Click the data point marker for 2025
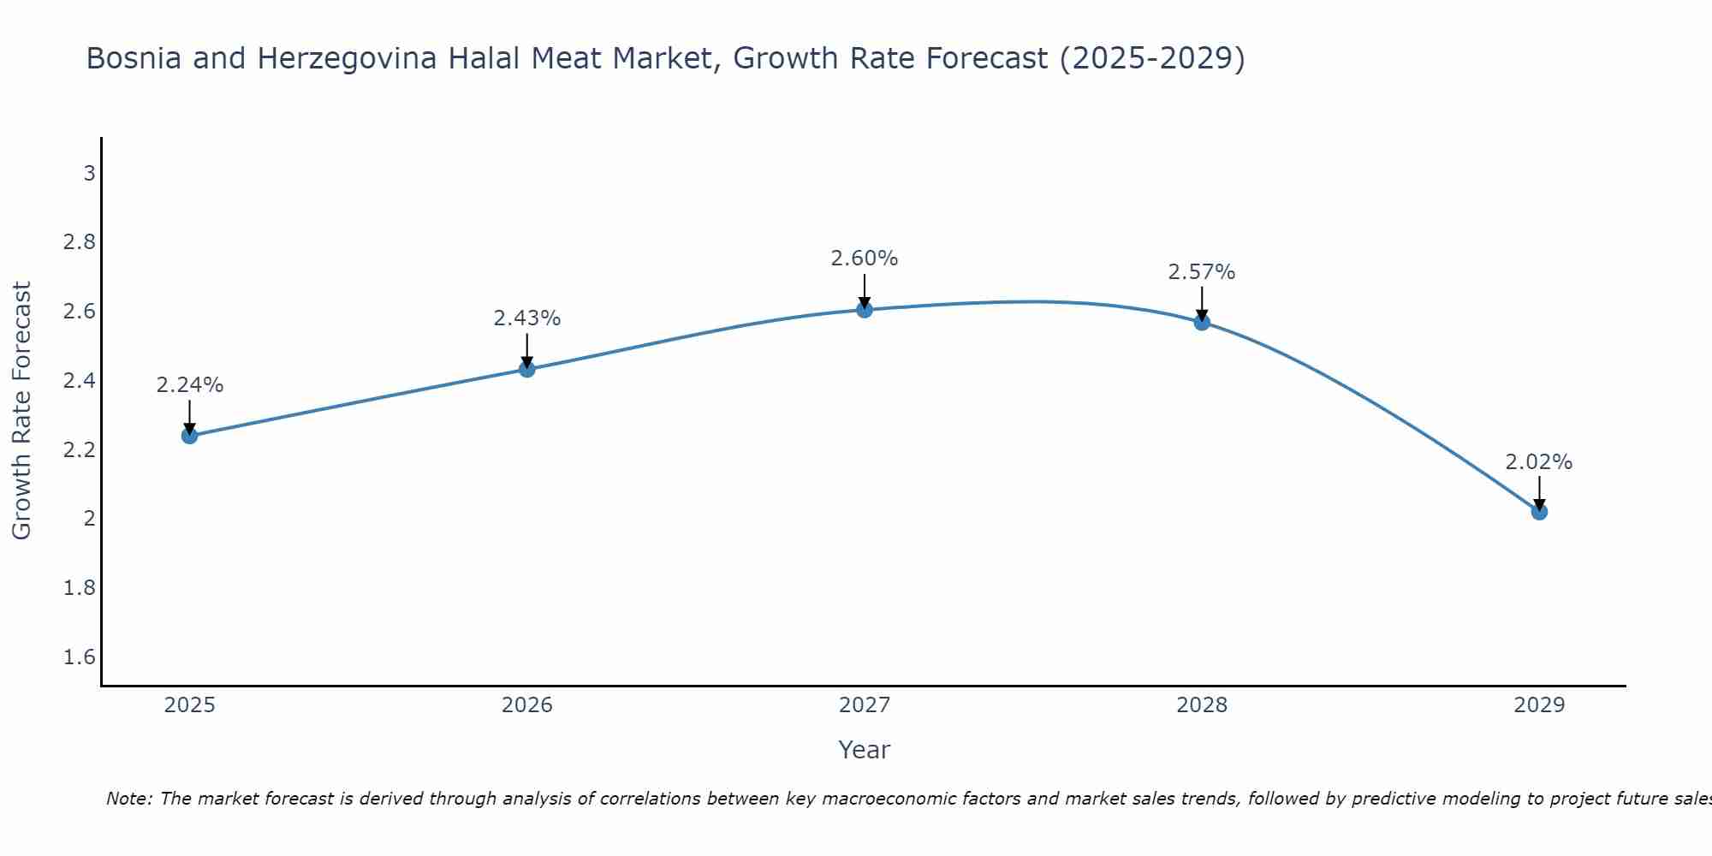click(x=190, y=436)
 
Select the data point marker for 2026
click(x=527, y=369)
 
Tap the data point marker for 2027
click(x=865, y=310)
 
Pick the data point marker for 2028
click(x=1202, y=322)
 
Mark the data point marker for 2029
click(x=1539, y=512)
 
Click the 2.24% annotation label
click(x=190, y=385)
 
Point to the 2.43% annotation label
click(x=527, y=318)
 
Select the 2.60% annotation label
click(x=865, y=259)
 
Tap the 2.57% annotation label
click(x=1202, y=272)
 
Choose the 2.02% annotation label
click(x=1539, y=462)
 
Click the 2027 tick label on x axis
click(x=865, y=705)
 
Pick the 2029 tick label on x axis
click(x=1539, y=705)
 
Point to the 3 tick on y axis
click(x=89, y=174)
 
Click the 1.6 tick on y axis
click(x=80, y=657)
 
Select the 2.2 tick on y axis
click(x=80, y=450)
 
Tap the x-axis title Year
click(x=865, y=750)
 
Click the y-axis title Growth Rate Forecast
click(x=22, y=411)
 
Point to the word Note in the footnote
click(x=128, y=799)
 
